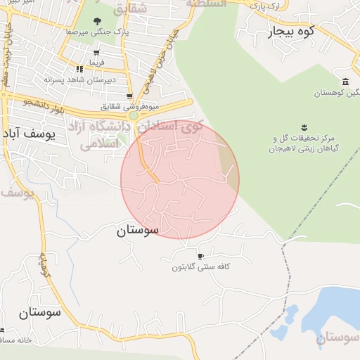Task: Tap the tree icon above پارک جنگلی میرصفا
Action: click(96, 20)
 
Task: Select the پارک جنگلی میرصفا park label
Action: click(91, 32)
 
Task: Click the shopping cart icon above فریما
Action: click(96, 51)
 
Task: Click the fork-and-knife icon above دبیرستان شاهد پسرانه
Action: click(79, 69)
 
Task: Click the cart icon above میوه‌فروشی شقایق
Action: click(129, 97)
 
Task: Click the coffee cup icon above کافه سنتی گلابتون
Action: click(201, 256)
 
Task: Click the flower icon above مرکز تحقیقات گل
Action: click(303, 127)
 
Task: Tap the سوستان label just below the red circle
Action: click(138, 229)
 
